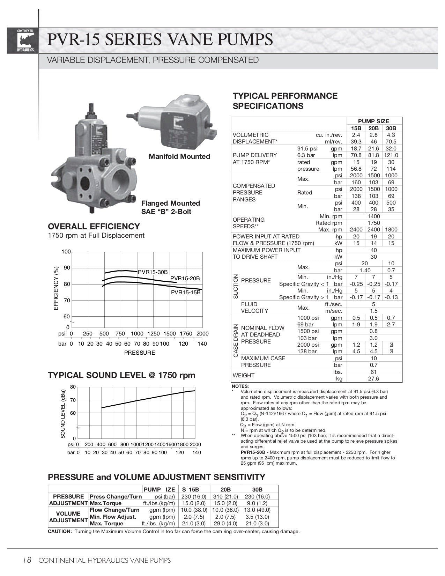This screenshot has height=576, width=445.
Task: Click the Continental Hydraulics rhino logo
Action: [25, 41]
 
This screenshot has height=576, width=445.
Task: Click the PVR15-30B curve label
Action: [153, 272]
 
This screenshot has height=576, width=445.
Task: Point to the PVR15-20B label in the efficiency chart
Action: [185, 278]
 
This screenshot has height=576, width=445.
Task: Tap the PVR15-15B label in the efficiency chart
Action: [186, 292]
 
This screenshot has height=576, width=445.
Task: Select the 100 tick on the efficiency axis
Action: [66, 252]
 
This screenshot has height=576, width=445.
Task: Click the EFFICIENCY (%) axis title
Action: [56, 288]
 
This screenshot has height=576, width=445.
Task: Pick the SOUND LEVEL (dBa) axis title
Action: [63, 414]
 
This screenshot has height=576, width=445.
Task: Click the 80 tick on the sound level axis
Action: [73, 387]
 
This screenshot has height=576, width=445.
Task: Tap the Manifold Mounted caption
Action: [179, 156]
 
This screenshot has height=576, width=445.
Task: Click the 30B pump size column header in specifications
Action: [391, 128]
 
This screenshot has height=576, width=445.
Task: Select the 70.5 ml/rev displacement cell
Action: [391, 142]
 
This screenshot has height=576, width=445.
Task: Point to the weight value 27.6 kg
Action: [373, 378]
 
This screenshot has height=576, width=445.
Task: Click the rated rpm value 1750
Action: [373, 223]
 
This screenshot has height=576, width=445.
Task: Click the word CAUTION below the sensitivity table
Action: [60, 531]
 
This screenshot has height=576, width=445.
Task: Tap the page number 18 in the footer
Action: [27, 560]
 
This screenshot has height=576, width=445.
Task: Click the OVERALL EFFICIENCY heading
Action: [94, 226]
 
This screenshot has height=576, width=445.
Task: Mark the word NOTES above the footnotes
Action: [240, 386]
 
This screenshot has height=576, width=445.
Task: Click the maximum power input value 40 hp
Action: [373, 250]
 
